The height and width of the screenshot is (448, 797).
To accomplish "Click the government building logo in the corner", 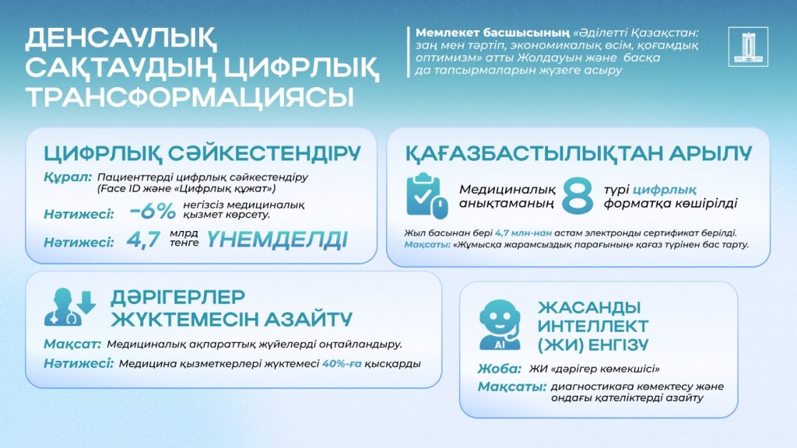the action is point(748,47).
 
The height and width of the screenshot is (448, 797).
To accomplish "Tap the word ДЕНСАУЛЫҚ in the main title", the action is point(121,39).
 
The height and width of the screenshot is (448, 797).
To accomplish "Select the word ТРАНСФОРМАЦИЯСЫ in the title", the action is point(190,96).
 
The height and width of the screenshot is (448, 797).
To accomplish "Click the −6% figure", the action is point(153,211).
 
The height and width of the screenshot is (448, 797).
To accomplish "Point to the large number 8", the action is point(578,195).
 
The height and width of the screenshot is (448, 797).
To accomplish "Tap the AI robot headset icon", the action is point(500,325).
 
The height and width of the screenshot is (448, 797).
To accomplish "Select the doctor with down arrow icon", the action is point(69,306).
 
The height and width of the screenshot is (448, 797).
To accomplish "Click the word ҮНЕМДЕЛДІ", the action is point(277,240).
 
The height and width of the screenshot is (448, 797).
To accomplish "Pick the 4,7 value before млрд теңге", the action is point(143,240).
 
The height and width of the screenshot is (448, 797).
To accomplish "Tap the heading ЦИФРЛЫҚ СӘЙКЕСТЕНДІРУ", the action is point(202,153).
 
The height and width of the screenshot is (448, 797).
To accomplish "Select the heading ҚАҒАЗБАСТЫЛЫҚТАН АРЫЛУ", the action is point(578,153).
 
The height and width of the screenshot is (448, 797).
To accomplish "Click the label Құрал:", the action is point(68,178).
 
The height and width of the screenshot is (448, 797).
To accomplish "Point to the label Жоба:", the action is point(500,369).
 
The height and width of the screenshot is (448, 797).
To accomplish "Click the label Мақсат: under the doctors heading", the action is point(72,345).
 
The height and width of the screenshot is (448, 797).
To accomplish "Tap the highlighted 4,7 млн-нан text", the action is point(523,233).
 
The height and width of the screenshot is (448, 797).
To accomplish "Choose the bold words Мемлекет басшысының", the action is point(493,33).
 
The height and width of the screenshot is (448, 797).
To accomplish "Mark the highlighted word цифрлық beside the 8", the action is point(665,191).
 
